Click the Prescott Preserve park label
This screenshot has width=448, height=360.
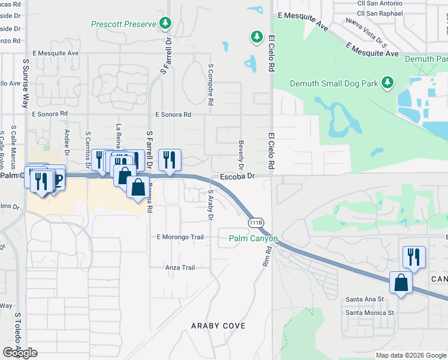pos(123,25)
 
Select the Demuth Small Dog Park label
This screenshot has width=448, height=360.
pos(334,83)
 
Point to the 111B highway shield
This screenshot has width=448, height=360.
pos(256,223)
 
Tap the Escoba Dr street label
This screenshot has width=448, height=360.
pos(237,176)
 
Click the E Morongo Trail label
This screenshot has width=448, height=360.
pos(180,237)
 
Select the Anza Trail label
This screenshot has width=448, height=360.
pos(180,268)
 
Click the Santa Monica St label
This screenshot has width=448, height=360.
pos(370,313)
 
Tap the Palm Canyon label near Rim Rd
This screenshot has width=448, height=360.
pos(253,239)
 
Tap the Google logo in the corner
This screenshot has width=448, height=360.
pos(20,353)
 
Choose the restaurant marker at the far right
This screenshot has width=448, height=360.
pos(414,257)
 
